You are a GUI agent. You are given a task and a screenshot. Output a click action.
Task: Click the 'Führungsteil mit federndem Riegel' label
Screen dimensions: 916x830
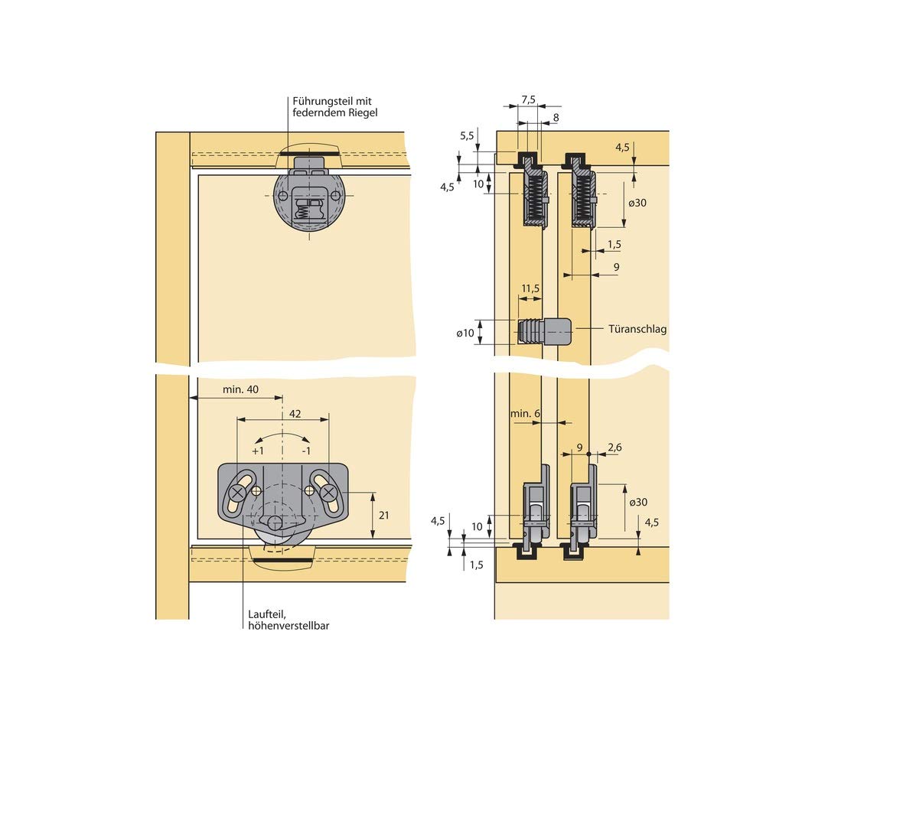[x=334, y=107]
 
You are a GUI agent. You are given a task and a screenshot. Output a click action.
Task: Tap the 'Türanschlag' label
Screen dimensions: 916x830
[x=637, y=329]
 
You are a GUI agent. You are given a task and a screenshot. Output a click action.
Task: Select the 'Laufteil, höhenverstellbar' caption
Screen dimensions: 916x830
[x=288, y=620]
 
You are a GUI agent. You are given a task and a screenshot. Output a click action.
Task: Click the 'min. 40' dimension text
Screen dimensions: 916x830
[x=240, y=389]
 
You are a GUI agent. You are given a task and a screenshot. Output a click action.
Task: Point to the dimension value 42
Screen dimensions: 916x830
[x=295, y=414]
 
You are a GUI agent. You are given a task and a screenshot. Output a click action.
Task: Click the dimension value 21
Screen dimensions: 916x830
[x=384, y=515]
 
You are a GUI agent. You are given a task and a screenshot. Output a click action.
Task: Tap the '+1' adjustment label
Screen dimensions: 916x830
[x=258, y=451]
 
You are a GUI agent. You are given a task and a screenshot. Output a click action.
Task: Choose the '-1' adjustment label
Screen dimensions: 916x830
[x=306, y=451]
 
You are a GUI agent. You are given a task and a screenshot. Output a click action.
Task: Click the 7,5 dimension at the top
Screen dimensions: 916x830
[x=529, y=100]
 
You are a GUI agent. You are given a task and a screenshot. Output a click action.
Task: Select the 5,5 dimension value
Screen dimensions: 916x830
[x=467, y=136]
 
